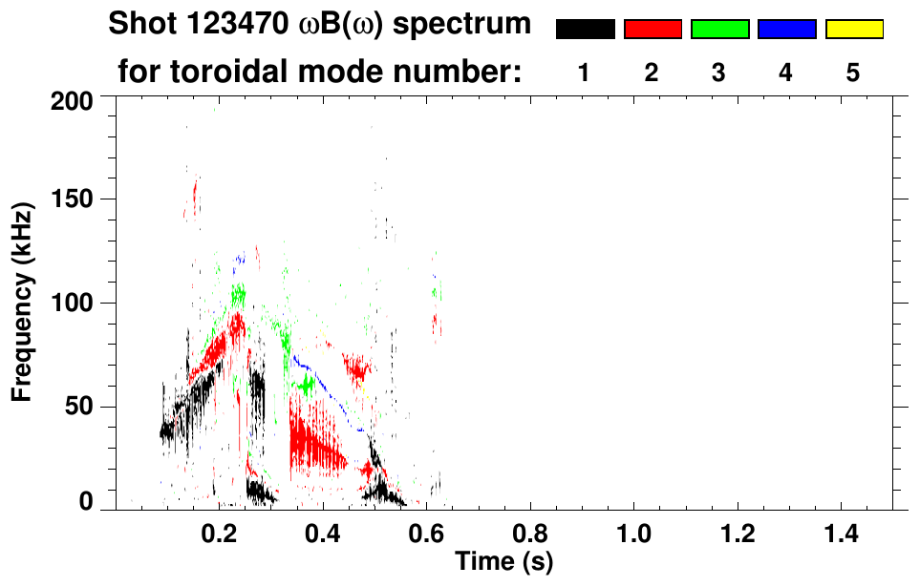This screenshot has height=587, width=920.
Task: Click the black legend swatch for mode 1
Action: (586, 30)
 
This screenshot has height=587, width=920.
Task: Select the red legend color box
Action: (653, 30)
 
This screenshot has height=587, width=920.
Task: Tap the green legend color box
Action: (719, 30)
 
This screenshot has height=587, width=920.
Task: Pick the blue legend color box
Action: (786, 30)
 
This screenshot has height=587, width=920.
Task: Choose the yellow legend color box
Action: (853, 30)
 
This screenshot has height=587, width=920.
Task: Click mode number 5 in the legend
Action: (853, 73)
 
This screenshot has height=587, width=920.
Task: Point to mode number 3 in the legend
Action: (719, 73)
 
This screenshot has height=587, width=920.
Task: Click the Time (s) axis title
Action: (503, 561)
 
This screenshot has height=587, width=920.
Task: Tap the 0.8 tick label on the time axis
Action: (530, 531)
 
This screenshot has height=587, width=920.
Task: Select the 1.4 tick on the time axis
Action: (840, 531)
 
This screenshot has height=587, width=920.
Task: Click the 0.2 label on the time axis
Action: (219, 531)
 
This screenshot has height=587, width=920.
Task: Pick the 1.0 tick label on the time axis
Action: (633, 531)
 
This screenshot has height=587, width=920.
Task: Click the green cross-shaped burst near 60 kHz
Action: (306, 386)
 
